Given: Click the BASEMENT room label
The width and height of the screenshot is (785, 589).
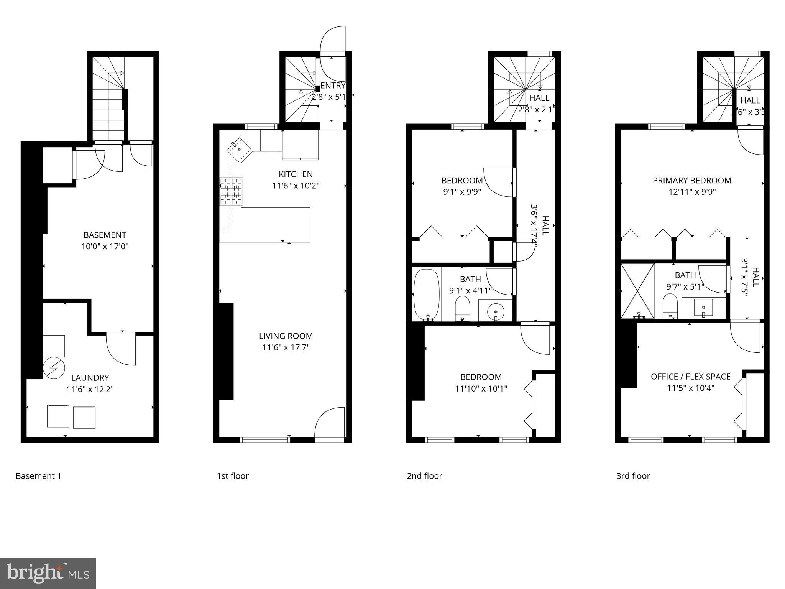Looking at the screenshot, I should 105,235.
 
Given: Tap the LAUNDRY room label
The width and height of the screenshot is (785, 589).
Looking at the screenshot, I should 90,378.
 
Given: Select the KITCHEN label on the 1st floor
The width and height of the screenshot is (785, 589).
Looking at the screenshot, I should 296,174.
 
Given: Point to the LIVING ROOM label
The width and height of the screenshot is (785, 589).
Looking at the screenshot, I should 286,336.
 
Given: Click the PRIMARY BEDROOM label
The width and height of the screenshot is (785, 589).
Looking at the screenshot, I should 692,180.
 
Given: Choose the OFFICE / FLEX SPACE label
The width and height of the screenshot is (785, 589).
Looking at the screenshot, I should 690,377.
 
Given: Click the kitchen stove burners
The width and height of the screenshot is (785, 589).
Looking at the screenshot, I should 231,191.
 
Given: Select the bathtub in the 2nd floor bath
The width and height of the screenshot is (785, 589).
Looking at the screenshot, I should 427,294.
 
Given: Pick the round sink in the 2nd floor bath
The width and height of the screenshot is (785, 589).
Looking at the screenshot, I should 496,310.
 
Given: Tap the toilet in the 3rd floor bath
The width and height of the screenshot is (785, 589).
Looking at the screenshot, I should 670,306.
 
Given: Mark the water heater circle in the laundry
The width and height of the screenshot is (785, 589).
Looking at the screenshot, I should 53,368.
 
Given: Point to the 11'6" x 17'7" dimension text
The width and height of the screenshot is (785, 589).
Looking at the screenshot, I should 286,347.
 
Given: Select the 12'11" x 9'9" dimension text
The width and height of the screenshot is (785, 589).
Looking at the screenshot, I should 692,192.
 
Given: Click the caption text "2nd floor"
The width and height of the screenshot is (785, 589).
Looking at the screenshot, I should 424,476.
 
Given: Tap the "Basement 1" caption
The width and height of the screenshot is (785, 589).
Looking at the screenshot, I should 38,476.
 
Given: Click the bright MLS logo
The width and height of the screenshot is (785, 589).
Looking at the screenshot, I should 48,573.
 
